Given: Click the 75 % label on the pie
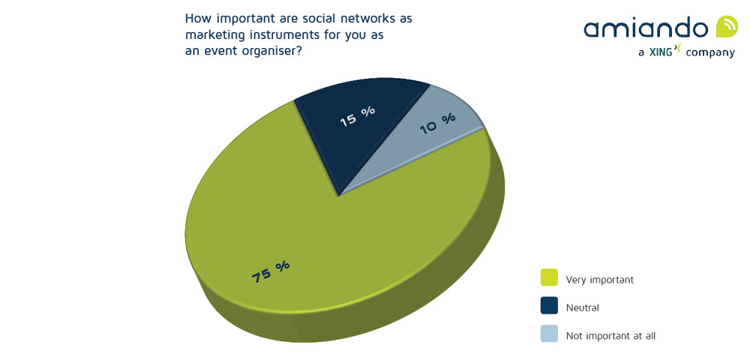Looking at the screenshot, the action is pyautogui.click(x=271, y=271).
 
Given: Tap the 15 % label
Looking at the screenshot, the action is pyautogui.click(x=357, y=116).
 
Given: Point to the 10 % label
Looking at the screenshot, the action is pyautogui.click(x=437, y=123).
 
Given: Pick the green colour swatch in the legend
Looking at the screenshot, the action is pyautogui.click(x=549, y=278).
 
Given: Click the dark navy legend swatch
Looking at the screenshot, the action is pyautogui.click(x=549, y=306).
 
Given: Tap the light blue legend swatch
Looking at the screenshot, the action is pyautogui.click(x=549, y=334).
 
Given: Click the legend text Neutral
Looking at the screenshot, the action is pyautogui.click(x=582, y=307).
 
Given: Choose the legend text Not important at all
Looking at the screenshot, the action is pyautogui.click(x=610, y=335).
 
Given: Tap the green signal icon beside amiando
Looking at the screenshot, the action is pyautogui.click(x=727, y=27).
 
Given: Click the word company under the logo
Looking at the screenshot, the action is pyautogui.click(x=709, y=53).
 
